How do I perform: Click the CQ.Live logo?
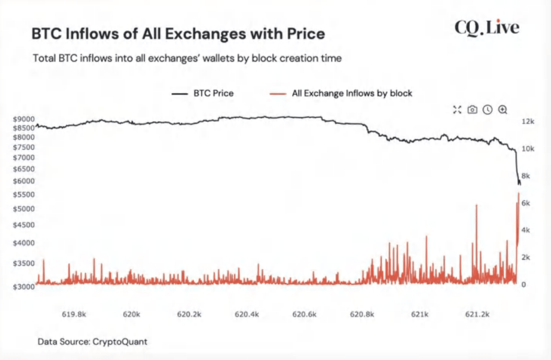point(486,28)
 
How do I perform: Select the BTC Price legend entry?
point(203,93)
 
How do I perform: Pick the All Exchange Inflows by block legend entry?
point(341,93)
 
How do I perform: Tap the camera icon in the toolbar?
point(472,110)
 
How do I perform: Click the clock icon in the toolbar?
point(487,110)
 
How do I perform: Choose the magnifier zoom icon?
point(502,110)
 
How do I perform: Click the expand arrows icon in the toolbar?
point(457,110)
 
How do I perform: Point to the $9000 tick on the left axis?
point(24,119)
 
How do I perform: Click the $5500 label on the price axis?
point(24,195)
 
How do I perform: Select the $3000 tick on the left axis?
point(24,287)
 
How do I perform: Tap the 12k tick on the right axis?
point(528,121)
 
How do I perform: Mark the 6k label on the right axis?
point(526,203)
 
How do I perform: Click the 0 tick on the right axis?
point(523,284)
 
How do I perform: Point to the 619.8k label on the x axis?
point(74,314)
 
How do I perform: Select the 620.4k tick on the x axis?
point(246,314)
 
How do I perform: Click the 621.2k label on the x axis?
point(477,314)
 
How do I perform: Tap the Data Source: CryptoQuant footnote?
point(92,341)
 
